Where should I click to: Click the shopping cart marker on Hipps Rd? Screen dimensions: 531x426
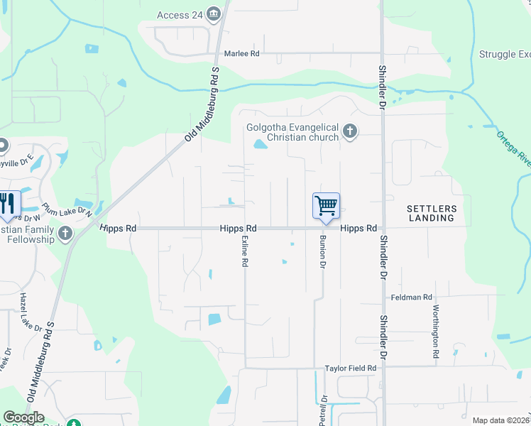(x=326, y=206)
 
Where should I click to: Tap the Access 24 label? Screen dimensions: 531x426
(x=183, y=15)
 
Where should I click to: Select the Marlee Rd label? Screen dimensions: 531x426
(x=242, y=53)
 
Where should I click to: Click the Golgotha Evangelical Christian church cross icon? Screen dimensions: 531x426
(x=349, y=131)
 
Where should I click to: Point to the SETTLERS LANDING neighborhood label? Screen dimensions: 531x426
(x=431, y=213)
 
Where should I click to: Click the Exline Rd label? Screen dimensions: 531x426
(x=245, y=251)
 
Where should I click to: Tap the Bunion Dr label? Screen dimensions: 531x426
(x=322, y=251)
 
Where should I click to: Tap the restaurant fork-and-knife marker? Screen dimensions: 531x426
(x=6, y=204)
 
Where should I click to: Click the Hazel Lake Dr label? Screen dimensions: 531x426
(x=27, y=312)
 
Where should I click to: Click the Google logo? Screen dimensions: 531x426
(x=24, y=417)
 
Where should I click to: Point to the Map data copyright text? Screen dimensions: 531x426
(x=501, y=420)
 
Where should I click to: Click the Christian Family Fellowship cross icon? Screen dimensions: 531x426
(x=65, y=233)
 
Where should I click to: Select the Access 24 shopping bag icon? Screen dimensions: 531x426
(x=216, y=14)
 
